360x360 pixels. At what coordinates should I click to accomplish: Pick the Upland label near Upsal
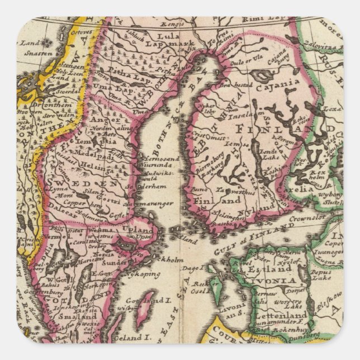point(138,230)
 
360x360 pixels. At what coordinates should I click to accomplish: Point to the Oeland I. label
point(132,338)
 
